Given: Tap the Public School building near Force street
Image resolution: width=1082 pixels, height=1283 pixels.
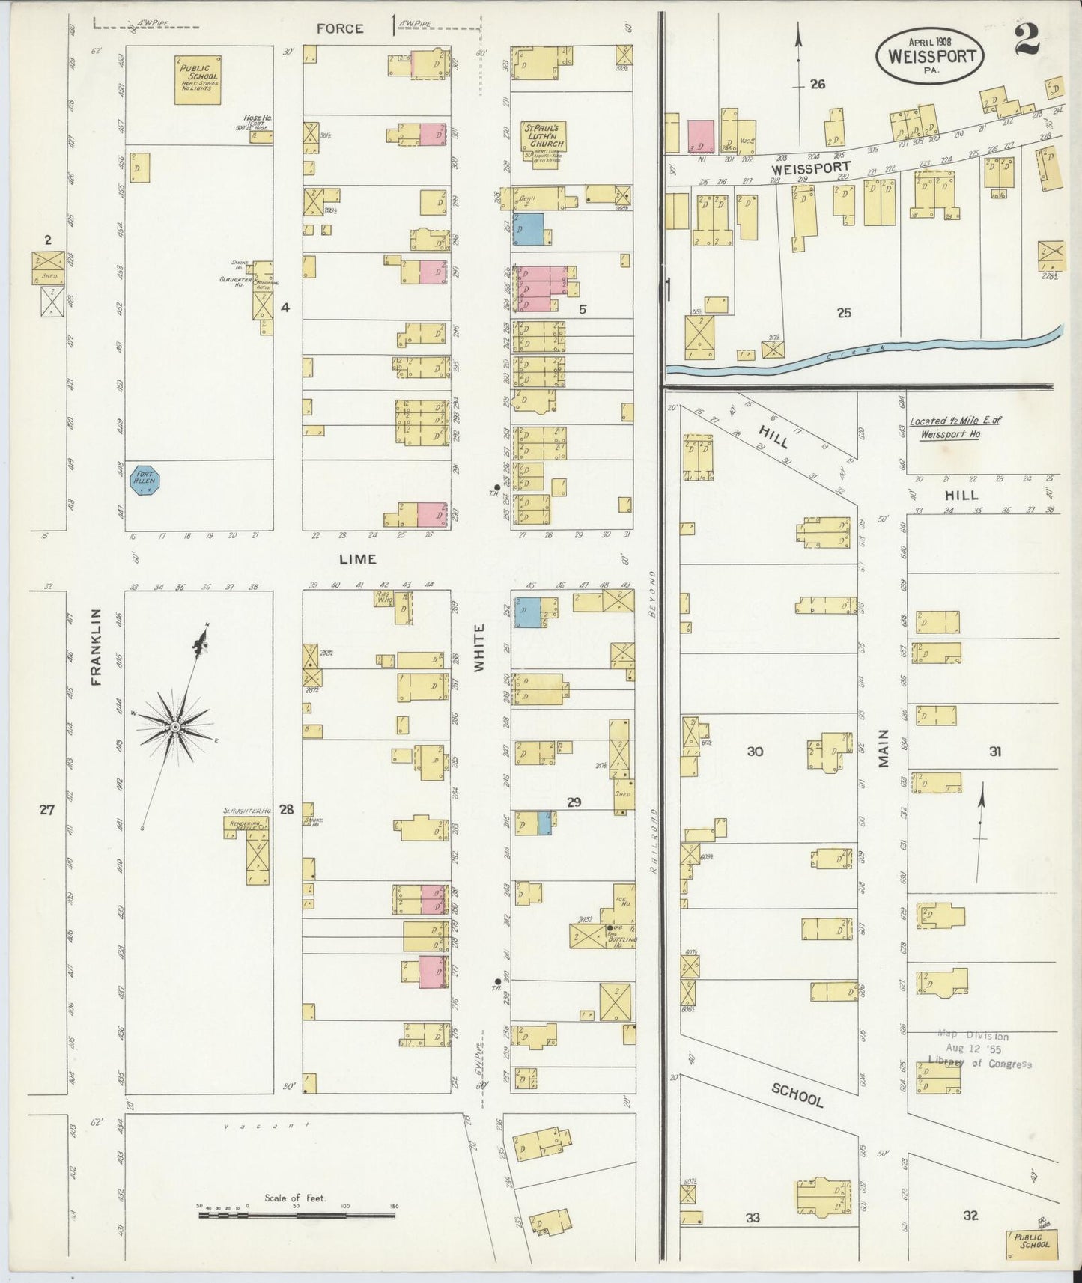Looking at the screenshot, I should click(198, 79).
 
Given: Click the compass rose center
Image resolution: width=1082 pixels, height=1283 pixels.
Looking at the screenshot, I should click(174, 726).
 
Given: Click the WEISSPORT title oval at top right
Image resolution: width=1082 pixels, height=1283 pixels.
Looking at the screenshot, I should click(931, 55).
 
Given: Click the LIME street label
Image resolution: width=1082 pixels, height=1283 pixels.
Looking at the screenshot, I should click(357, 559).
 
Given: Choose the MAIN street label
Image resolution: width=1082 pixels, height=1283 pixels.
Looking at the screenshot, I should click(884, 747).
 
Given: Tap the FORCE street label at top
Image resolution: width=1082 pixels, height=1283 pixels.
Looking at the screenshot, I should click(339, 28).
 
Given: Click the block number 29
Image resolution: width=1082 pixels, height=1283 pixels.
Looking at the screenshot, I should click(574, 802).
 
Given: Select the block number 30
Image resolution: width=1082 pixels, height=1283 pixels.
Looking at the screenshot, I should click(755, 751).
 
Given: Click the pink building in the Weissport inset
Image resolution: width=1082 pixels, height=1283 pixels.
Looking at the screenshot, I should click(701, 136).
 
